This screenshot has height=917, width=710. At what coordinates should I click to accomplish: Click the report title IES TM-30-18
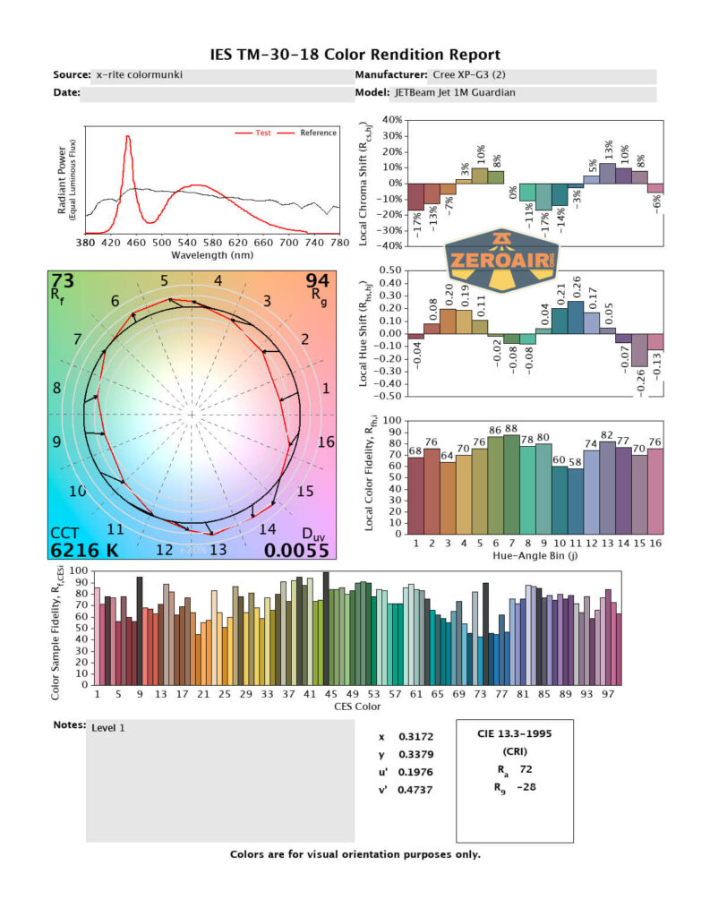point(355,56)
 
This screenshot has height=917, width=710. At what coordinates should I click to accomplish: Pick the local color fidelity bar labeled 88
point(511,484)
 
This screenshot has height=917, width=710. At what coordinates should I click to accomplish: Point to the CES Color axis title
point(356,707)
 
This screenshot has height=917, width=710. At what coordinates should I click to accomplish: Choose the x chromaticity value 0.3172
point(413,737)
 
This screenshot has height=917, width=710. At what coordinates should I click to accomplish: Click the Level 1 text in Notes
point(108,728)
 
